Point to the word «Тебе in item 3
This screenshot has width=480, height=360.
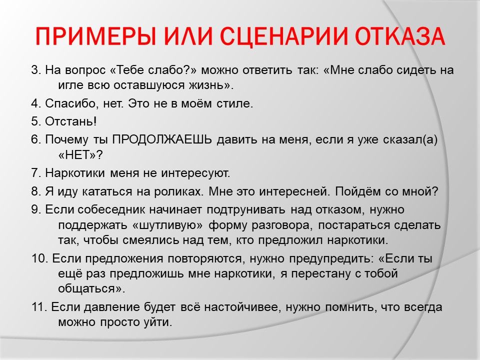click(126, 70)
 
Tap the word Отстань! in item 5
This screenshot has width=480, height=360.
click(70, 121)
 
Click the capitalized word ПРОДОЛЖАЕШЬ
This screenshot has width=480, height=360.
click(162, 140)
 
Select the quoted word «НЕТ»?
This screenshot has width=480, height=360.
click(80, 155)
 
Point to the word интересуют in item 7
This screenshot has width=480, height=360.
click(195, 173)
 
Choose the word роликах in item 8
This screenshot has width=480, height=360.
click(179, 192)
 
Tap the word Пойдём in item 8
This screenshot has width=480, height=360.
click(356, 191)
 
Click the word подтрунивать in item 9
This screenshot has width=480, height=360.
click(246, 210)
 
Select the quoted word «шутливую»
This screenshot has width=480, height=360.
click(168, 225)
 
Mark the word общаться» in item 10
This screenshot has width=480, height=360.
click(91, 289)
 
